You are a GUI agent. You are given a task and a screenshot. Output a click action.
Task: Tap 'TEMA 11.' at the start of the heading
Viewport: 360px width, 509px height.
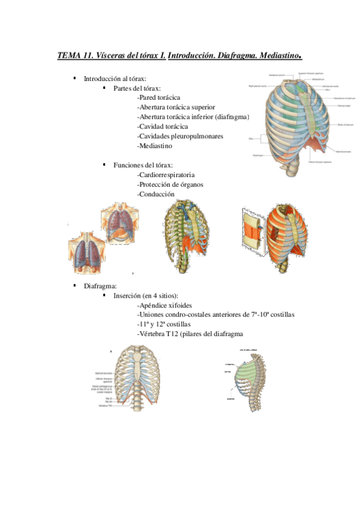[75, 56]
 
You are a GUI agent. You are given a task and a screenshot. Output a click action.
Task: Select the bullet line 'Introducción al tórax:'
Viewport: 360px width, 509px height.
[115, 79]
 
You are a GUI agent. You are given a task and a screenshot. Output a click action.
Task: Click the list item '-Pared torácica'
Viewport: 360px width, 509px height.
[158, 98]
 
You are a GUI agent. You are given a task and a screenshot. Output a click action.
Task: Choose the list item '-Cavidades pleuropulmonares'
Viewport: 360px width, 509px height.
[180, 136]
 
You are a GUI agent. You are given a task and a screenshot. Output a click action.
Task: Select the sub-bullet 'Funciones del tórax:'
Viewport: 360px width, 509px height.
[143, 165]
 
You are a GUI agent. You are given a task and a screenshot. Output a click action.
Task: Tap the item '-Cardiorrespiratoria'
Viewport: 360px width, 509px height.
[166, 175]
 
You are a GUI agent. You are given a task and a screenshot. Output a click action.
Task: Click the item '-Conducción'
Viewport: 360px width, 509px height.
[155, 194]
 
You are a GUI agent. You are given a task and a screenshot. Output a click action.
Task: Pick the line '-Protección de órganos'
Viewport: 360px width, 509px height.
[170, 185]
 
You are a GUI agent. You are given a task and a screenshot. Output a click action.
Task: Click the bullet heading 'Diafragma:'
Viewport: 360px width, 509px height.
[100, 286]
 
